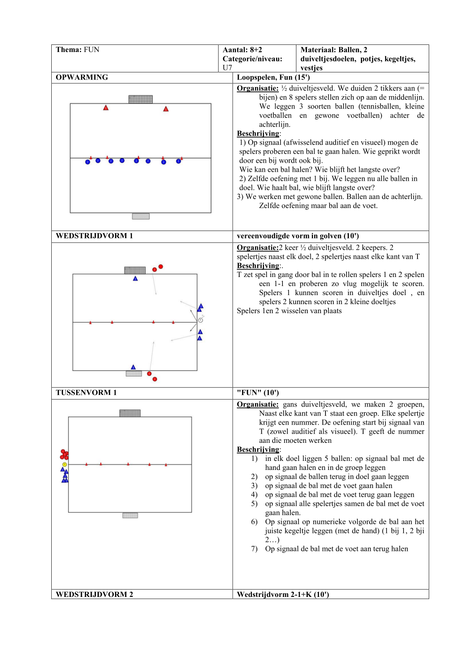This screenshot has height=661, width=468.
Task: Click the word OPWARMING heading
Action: [82, 77]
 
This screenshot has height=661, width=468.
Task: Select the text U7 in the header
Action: [227, 68]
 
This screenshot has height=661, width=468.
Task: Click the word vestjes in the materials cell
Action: [311, 68]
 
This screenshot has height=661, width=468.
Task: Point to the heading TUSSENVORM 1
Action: [86, 393]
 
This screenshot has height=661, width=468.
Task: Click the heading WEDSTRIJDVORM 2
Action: [94, 594]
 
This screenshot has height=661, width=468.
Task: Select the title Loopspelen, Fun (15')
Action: [273, 78]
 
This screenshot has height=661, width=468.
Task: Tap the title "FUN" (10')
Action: [258, 393]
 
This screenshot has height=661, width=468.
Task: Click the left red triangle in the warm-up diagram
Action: [106, 108]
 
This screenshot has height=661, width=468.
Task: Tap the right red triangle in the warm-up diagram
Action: [166, 109]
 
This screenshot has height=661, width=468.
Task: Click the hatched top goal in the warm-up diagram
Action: [141, 99]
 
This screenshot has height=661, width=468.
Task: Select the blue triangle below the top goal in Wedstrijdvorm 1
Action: [135, 278]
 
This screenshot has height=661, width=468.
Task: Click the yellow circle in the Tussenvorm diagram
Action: [64, 465]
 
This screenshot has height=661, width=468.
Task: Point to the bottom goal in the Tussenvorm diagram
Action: [130, 516]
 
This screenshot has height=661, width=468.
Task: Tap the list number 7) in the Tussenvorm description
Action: [255, 549]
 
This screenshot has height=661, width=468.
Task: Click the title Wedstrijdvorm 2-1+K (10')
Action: [283, 595]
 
